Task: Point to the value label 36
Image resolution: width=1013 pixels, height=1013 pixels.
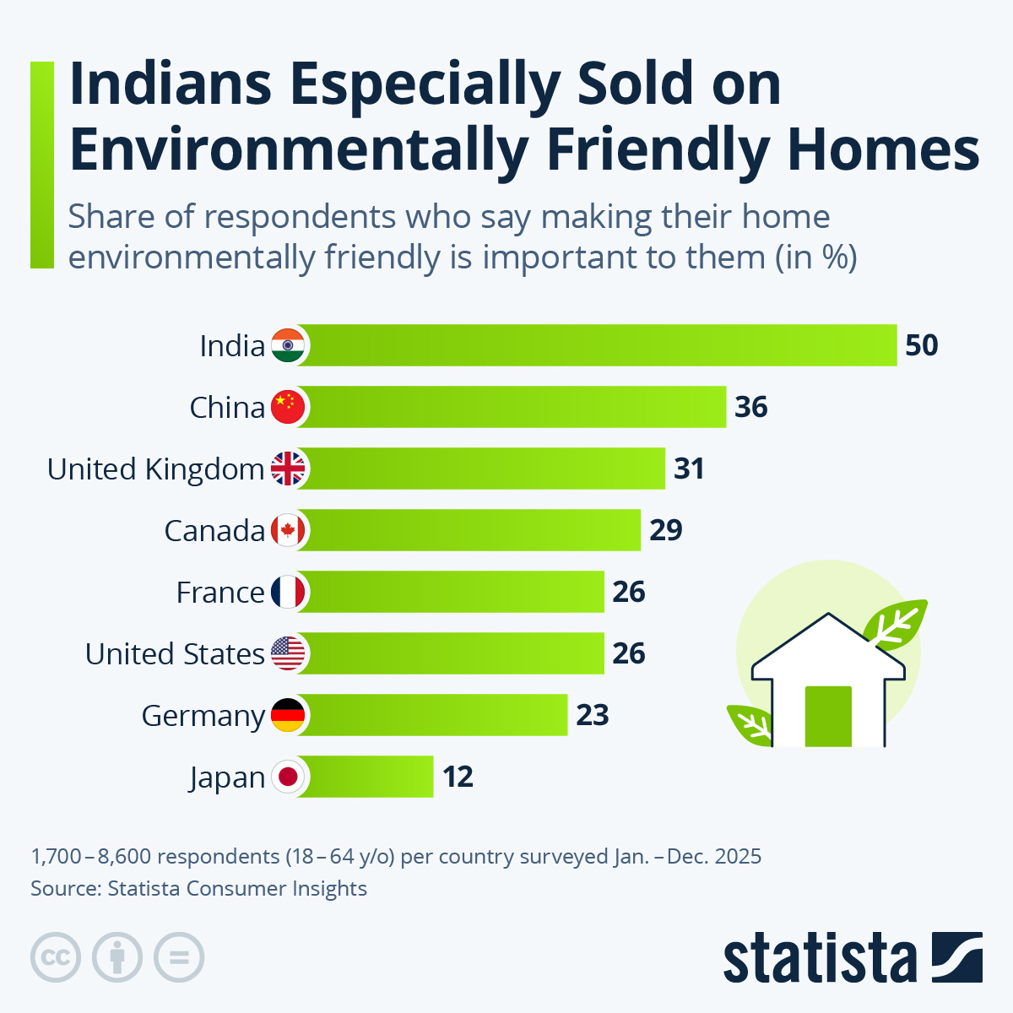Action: pyautogui.click(x=751, y=407)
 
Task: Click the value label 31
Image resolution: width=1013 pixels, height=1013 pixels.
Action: pyautogui.click(x=689, y=469)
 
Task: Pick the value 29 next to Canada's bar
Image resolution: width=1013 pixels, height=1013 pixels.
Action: pyautogui.click(x=665, y=530)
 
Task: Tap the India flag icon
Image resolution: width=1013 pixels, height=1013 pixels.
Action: pyautogui.click(x=288, y=345)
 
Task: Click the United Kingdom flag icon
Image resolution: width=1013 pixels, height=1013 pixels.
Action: pyautogui.click(x=288, y=469)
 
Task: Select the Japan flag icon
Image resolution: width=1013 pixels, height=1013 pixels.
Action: pyautogui.click(x=288, y=777)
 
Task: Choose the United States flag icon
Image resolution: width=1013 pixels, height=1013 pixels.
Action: pyautogui.click(x=288, y=653)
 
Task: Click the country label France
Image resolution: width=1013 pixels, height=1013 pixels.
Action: pyautogui.click(x=220, y=593)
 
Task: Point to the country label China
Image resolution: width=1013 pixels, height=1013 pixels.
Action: pyautogui.click(x=227, y=408)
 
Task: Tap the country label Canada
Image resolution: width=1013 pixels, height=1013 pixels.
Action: pyautogui.click(x=214, y=531)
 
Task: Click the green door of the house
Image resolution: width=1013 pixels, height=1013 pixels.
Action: pyautogui.click(x=828, y=717)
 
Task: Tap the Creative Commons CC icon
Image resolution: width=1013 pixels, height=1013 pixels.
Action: pyautogui.click(x=56, y=957)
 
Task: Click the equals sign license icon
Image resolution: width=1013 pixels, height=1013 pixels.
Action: pyautogui.click(x=179, y=957)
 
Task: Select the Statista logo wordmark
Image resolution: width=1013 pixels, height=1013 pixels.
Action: pyautogui.click(x=819, y=958)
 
